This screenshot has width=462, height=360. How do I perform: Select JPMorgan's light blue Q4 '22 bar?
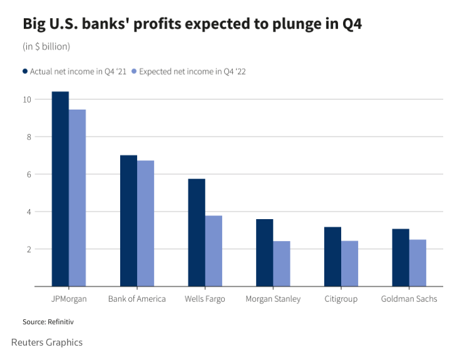77,198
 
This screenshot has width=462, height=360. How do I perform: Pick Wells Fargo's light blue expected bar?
213,251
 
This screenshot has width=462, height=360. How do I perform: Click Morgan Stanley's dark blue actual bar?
264,253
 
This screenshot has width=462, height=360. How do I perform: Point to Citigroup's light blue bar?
350,264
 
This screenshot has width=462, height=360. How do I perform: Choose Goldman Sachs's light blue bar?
418,263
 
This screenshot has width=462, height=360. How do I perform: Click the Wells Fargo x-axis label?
205,299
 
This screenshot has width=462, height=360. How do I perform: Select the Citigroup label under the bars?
341,299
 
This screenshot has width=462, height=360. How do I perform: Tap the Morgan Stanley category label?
273,299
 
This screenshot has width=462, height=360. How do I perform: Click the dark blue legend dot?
26,71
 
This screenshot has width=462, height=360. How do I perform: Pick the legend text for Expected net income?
192,71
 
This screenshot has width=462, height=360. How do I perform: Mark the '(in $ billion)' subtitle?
47,46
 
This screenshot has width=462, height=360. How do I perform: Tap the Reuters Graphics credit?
47,342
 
